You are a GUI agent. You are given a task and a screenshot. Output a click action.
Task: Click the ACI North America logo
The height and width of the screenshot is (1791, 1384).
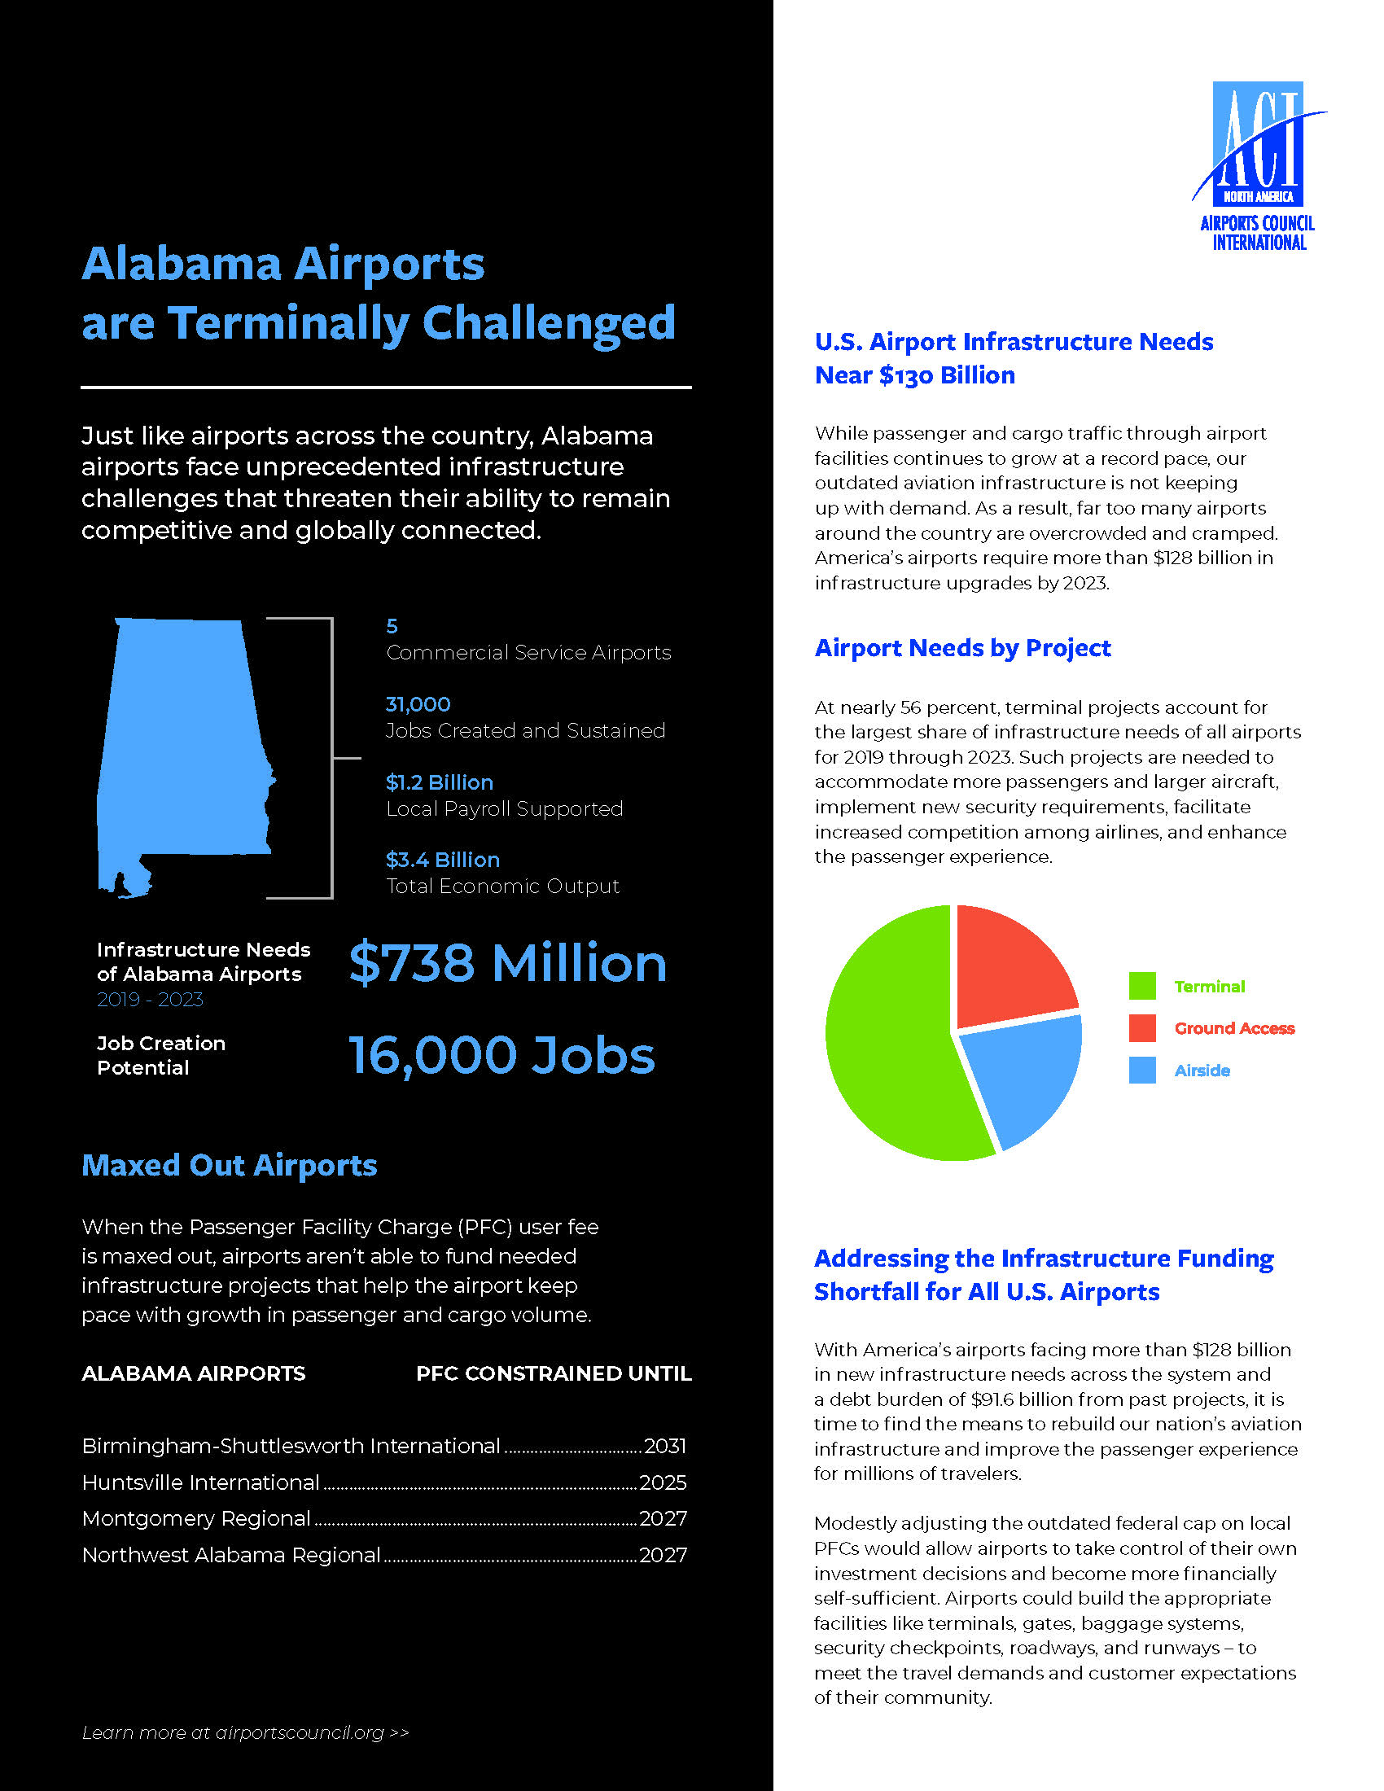(1258, 164)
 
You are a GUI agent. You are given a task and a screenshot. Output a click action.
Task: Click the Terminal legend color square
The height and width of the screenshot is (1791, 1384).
(1142, 986)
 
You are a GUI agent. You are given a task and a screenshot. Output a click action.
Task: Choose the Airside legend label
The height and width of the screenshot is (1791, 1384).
(1202, 1071)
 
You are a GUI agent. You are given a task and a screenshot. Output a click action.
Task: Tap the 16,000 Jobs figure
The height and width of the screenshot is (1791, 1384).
(501, 1054)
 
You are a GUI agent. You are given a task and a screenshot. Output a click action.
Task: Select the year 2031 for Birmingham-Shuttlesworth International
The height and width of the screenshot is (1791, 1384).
(665, 1446)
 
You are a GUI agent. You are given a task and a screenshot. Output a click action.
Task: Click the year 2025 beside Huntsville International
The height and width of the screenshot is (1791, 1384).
(664, 1482)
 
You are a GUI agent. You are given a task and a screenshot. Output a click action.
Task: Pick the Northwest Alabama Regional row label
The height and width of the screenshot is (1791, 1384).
(231, 1555)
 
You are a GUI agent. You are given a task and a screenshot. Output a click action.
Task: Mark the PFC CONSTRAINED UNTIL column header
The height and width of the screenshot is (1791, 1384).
(554, 1373)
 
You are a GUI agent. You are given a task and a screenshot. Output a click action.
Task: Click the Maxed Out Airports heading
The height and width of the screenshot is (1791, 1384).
(230, 1165)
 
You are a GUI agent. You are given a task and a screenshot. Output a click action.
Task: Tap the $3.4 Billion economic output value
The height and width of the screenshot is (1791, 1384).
(443, 860)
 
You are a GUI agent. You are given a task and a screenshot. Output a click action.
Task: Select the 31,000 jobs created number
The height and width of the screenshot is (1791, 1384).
(418, 704)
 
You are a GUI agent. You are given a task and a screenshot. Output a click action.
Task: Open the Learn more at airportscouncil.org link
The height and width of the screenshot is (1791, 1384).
(245, 1732)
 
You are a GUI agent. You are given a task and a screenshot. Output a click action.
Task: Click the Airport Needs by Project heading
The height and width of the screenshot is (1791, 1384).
(962, 648)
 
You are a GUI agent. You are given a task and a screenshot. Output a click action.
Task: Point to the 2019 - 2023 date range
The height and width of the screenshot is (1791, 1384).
(150, 1000)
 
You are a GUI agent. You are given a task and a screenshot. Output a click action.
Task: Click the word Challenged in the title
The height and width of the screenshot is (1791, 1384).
(549, 323)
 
